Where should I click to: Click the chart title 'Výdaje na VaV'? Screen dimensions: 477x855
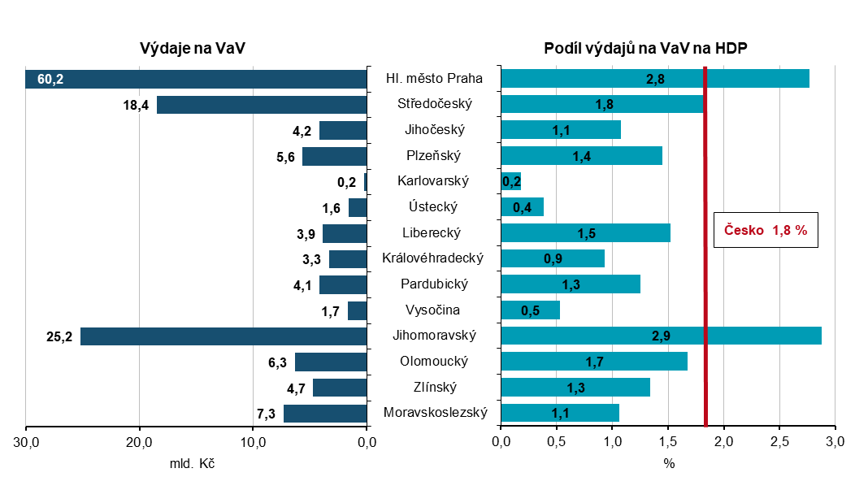coord(193,48)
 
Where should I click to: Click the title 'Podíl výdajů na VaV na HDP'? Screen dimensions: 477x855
coord(645,48)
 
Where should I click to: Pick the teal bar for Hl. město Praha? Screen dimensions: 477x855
coord(655,79)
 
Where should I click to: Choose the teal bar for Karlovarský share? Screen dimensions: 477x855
coord(511,181)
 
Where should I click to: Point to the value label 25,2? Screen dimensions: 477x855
coord(60,336)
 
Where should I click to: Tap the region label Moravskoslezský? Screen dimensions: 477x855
coord(435,413)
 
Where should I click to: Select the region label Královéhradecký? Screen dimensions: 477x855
coord(433,258)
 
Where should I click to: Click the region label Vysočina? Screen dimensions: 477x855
coord(432,310)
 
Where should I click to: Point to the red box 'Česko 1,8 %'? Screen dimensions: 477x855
coord(765,231)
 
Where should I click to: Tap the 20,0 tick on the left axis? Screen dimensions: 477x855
coord(140,442)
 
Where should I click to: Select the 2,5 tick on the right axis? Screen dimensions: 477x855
coord(779,442)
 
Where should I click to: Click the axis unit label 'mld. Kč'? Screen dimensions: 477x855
coord(193,463)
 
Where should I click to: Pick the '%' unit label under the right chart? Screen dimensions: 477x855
coord(669,463)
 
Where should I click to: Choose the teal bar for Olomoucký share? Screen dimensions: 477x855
coord(594,362)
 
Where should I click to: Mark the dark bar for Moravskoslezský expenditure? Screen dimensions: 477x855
coord(325,413)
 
